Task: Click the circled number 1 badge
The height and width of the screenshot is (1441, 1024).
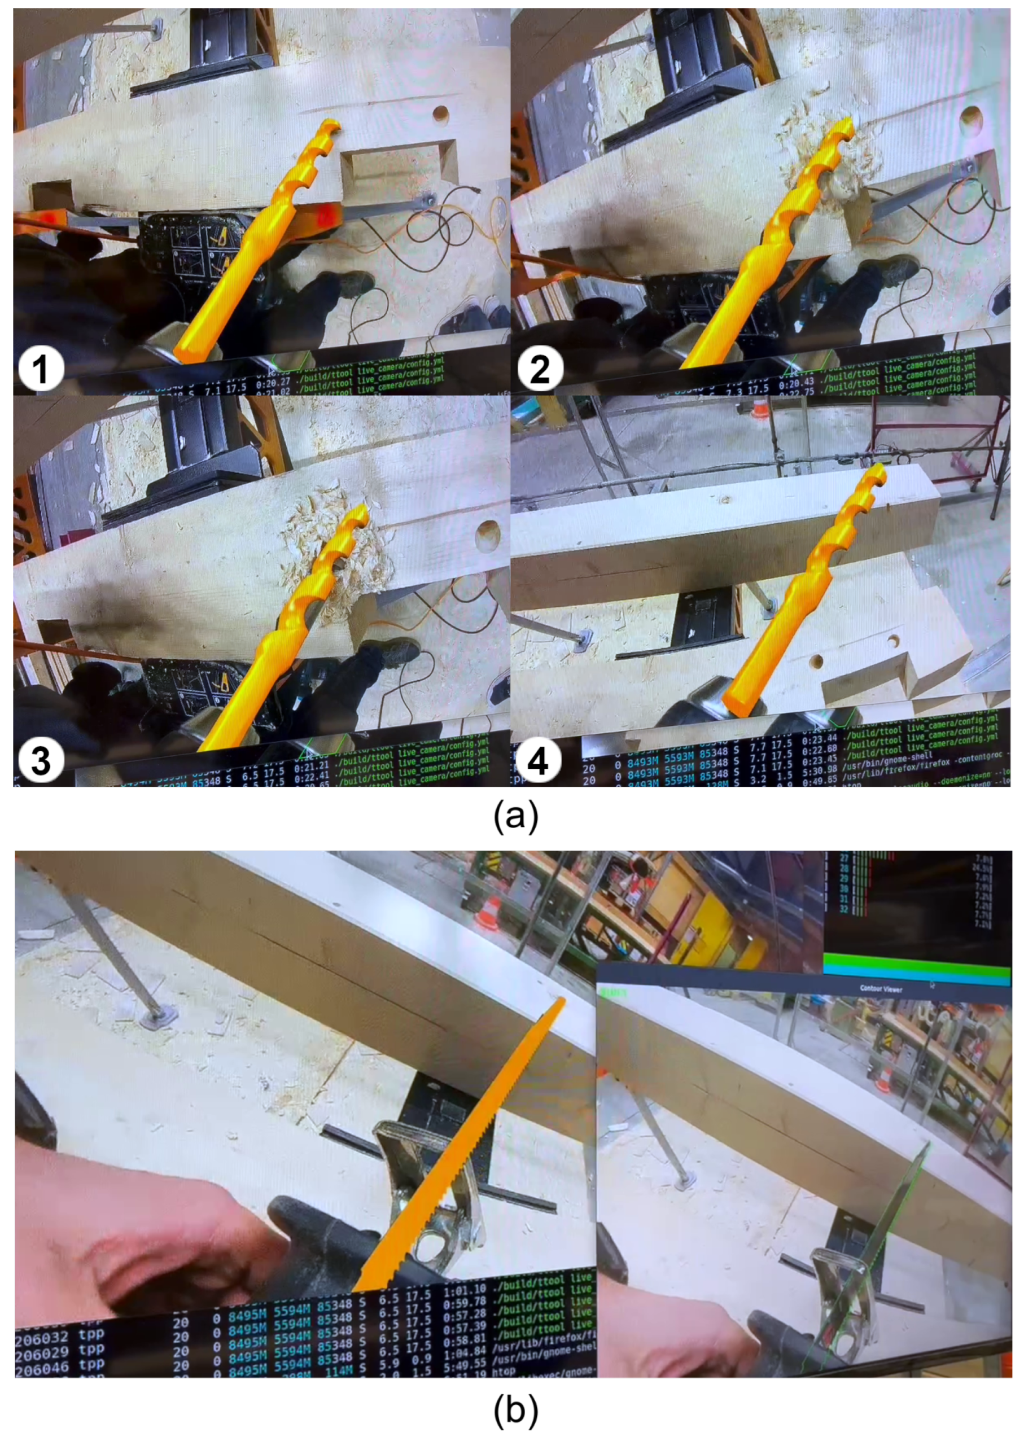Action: pyautogui.click(x=40, y=367)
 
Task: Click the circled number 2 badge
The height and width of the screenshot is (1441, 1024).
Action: pyautogui.click(x=540, y=367)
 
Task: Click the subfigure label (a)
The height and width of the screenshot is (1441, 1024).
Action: pyautogui.click(x=515, y=816)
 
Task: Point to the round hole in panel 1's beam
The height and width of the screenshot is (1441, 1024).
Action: pyautogui.click(x=440, y=114)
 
